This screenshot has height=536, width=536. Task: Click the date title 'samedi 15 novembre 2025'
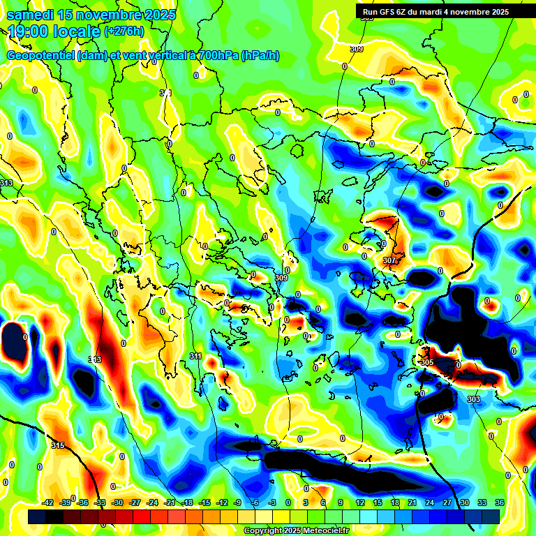coord(91,14)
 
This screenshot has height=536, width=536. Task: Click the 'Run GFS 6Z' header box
coord(435,12)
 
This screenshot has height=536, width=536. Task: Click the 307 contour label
coord(389,260)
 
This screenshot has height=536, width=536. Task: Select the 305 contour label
coord(427,362)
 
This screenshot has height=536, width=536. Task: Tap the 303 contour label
coord(473,399)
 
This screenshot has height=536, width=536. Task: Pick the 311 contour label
coord(195,356)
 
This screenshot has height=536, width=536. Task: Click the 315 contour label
coord(58,445)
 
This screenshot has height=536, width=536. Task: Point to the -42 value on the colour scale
coord(48,502)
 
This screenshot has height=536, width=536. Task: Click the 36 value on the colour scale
coord(499,502)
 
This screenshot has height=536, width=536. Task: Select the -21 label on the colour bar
coord(170,502)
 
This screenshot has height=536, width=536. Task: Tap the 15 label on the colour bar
coord(378,502)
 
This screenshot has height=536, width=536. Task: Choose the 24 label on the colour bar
coord(429,502)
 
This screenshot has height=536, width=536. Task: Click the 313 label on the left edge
coord(6,183)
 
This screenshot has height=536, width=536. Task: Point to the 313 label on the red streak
coord(95,359)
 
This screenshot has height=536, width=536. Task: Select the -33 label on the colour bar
coord(100,502)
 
